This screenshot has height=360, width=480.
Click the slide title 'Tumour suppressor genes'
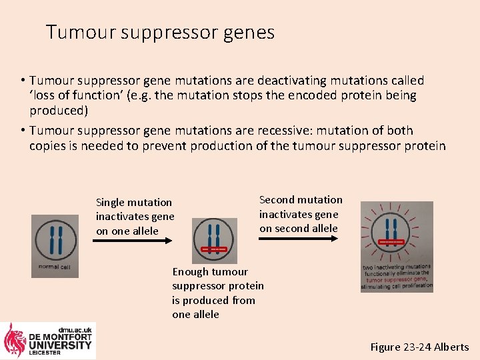coord(160,32)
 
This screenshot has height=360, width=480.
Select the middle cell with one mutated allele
coord(214,241)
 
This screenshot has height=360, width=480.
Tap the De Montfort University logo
coord(49,341)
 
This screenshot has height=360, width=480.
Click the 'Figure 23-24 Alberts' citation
coord(419,347)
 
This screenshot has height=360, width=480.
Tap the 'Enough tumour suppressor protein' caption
coord(217,293)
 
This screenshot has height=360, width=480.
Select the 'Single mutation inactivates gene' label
coord(135,216)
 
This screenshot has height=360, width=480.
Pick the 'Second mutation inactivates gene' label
coord(301,214)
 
